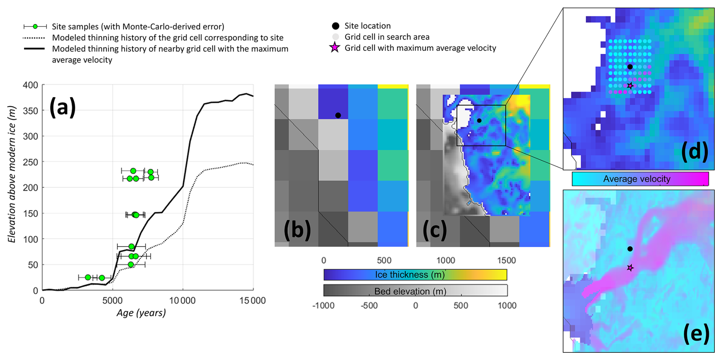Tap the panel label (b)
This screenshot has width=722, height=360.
297,230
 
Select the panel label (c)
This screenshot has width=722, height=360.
435,230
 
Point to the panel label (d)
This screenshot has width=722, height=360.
695,152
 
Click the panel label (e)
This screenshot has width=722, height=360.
696,334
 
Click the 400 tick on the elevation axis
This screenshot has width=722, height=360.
31,85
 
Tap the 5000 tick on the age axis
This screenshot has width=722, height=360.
113,301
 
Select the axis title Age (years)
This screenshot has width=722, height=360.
141,313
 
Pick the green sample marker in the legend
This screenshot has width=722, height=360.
35,26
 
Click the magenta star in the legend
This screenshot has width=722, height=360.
335,48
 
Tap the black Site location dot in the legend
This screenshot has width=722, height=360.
335,26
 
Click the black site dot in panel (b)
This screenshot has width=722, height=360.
338,115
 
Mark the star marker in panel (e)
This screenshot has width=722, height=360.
630,268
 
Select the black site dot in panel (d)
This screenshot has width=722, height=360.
630,67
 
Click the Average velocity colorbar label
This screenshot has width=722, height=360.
637,179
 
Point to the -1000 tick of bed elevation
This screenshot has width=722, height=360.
323,305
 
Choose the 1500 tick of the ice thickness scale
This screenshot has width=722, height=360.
506,260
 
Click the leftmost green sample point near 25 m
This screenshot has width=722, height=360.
88,277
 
